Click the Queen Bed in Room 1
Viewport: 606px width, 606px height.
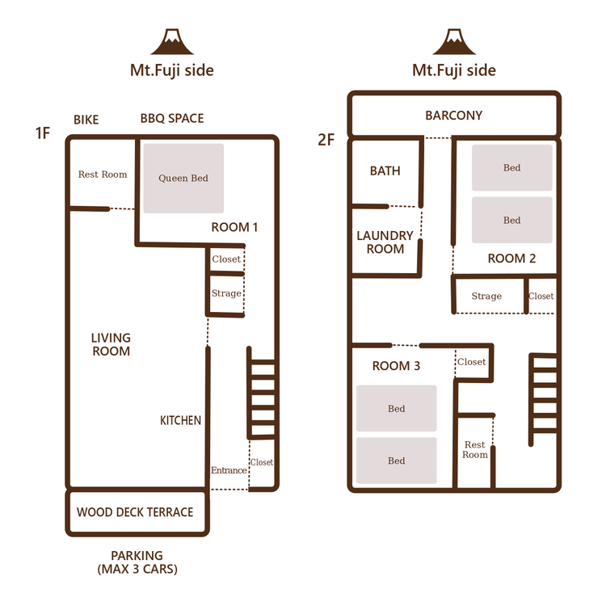[x=183, y=179]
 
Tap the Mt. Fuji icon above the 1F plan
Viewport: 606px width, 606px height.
[x=172, y=41]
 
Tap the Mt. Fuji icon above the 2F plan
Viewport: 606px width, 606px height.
[x=454, y=41]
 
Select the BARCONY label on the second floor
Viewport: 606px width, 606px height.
[x=454, y=116]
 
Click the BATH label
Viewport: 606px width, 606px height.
[x=385, y=170]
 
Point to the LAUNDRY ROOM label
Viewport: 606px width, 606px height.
[x=385, y=242]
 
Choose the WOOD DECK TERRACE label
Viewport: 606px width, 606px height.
[x=135, y=512]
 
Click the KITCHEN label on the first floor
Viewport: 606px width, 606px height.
[x=180, y=420]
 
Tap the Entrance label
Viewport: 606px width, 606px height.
[x=229, y=470]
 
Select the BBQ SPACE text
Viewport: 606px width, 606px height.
[x=172, y=118]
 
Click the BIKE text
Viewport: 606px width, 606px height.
[x=86, y=120]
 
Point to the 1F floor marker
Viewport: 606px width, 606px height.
[x=43, y=133]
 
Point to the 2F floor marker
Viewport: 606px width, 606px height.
[x=326, y=140]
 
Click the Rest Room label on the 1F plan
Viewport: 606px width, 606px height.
[x=103, y=175]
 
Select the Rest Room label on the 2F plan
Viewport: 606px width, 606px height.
[x=475, y=449]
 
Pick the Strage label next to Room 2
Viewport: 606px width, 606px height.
[x=486, y=296]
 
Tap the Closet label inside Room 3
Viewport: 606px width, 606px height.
[x=472, y=362]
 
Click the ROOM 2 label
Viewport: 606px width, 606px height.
[x=511, y=259]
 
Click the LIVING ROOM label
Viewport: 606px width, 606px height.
[x=111, y=344]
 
